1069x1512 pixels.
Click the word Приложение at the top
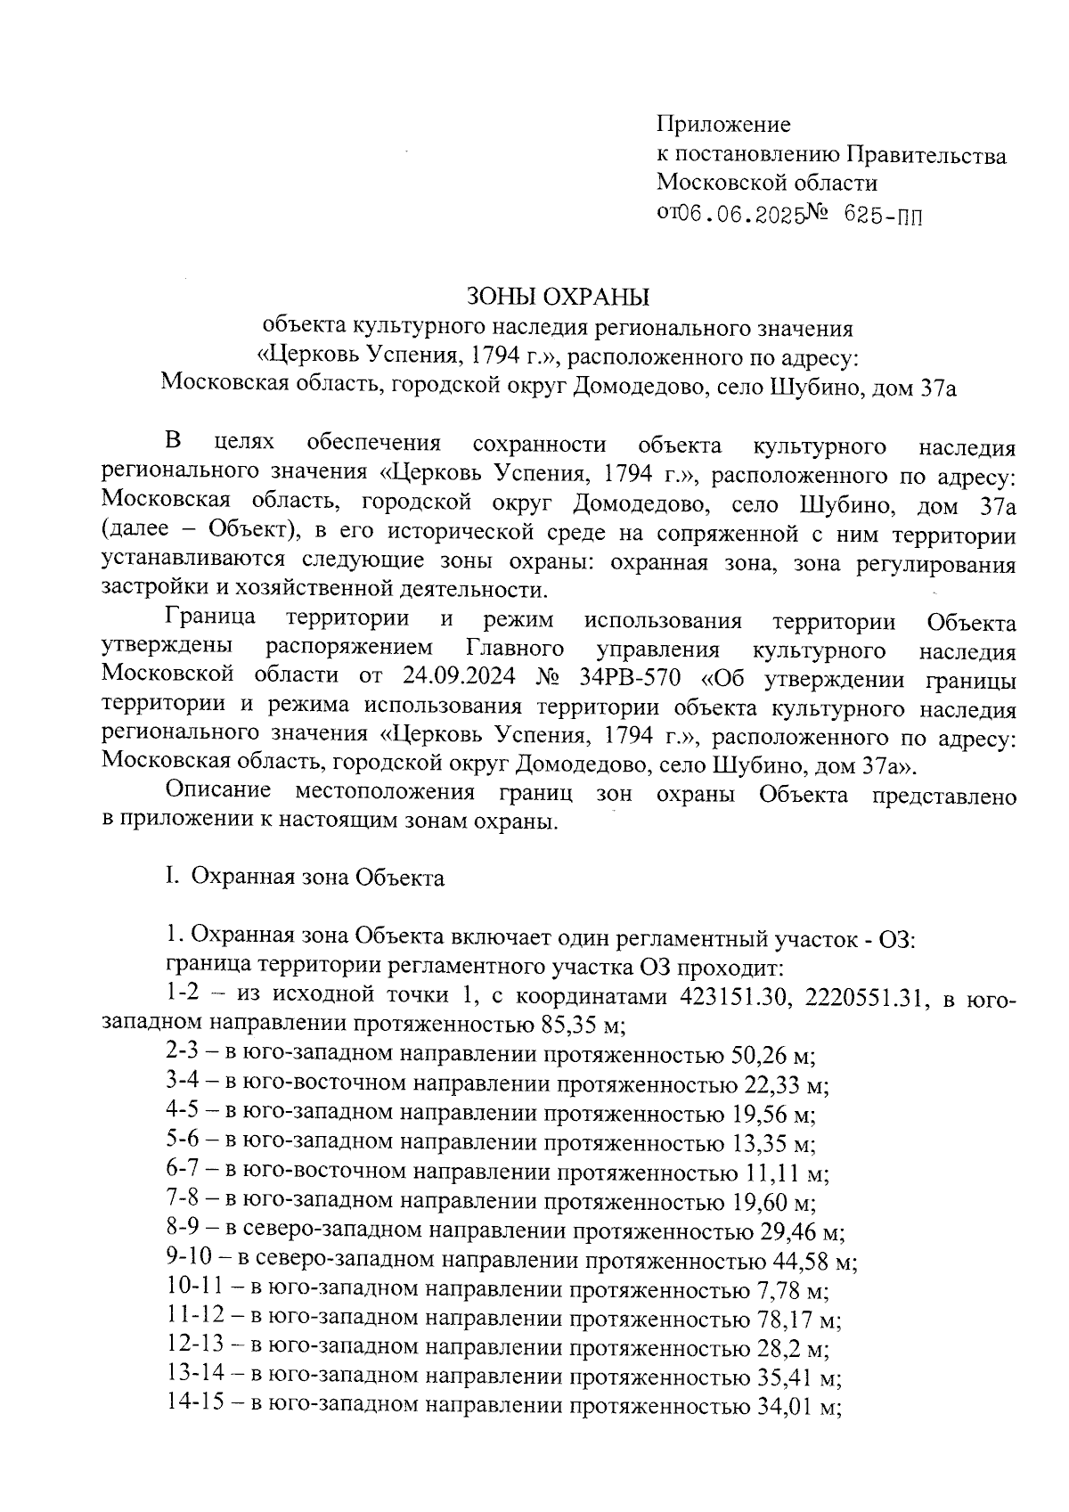click(723, 125)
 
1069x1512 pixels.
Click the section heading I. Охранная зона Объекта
click(305, 878)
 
